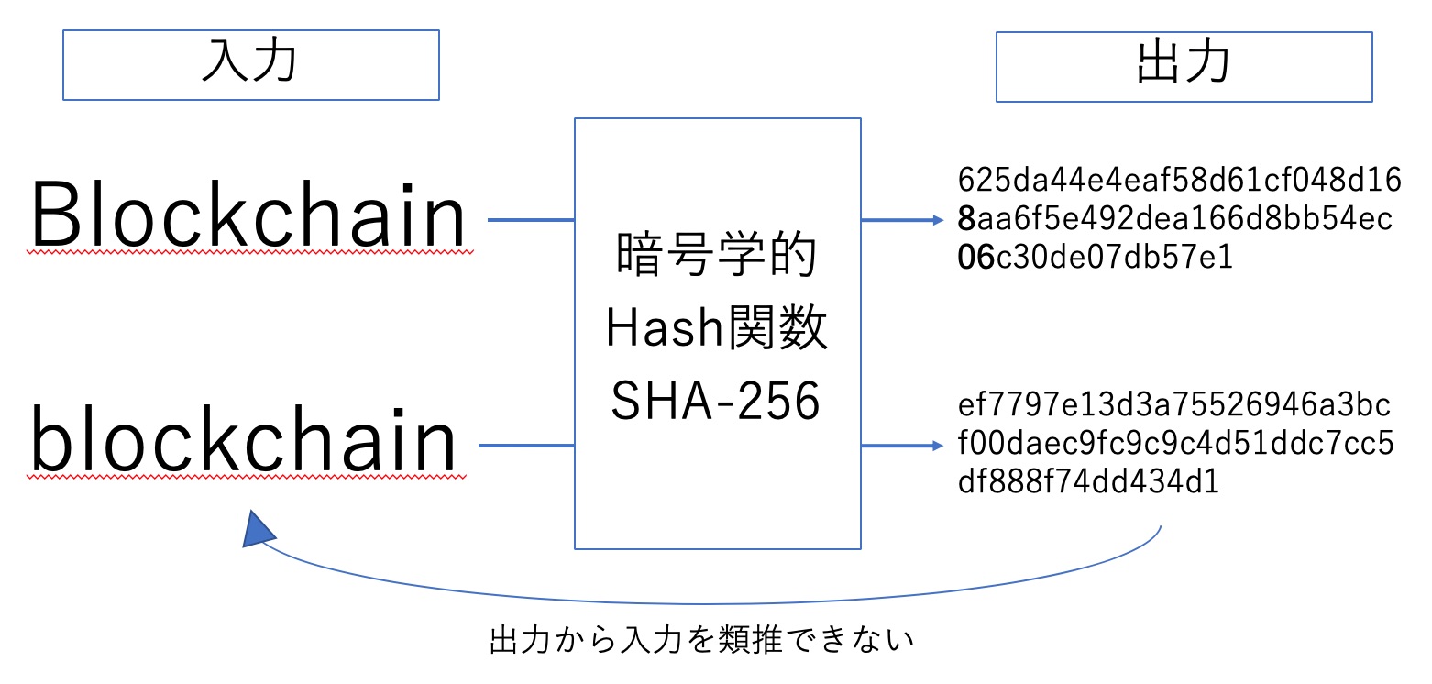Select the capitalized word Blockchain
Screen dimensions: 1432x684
(x=248, y=215)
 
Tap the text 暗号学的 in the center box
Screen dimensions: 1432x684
(x=717, y=254)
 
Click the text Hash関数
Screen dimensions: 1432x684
(x=717, y=327)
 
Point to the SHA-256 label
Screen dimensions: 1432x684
(x=715, y=401)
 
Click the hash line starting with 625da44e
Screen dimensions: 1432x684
(x=1180, y=180)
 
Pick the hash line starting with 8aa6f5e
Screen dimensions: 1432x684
(x=1175, y=218)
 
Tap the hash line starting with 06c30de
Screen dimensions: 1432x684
(x=1096, y=257)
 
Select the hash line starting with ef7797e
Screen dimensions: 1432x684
(x=1174, y=404)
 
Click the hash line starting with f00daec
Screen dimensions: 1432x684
(x=1175, y=443)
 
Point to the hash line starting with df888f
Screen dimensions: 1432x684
(x=1089, y=481)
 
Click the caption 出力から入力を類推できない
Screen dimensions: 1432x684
(x=702, y=640)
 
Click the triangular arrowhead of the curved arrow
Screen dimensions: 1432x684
(x=259, y=531)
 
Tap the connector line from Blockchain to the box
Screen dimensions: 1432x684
(x=531, y=220)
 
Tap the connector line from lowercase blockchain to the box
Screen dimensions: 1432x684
(x=527, y=446)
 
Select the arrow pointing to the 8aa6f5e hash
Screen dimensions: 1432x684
(x=903, y=220)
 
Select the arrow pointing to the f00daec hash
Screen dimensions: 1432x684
(x=903, y=446)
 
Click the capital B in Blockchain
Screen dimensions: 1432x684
(x=54, y=215)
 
